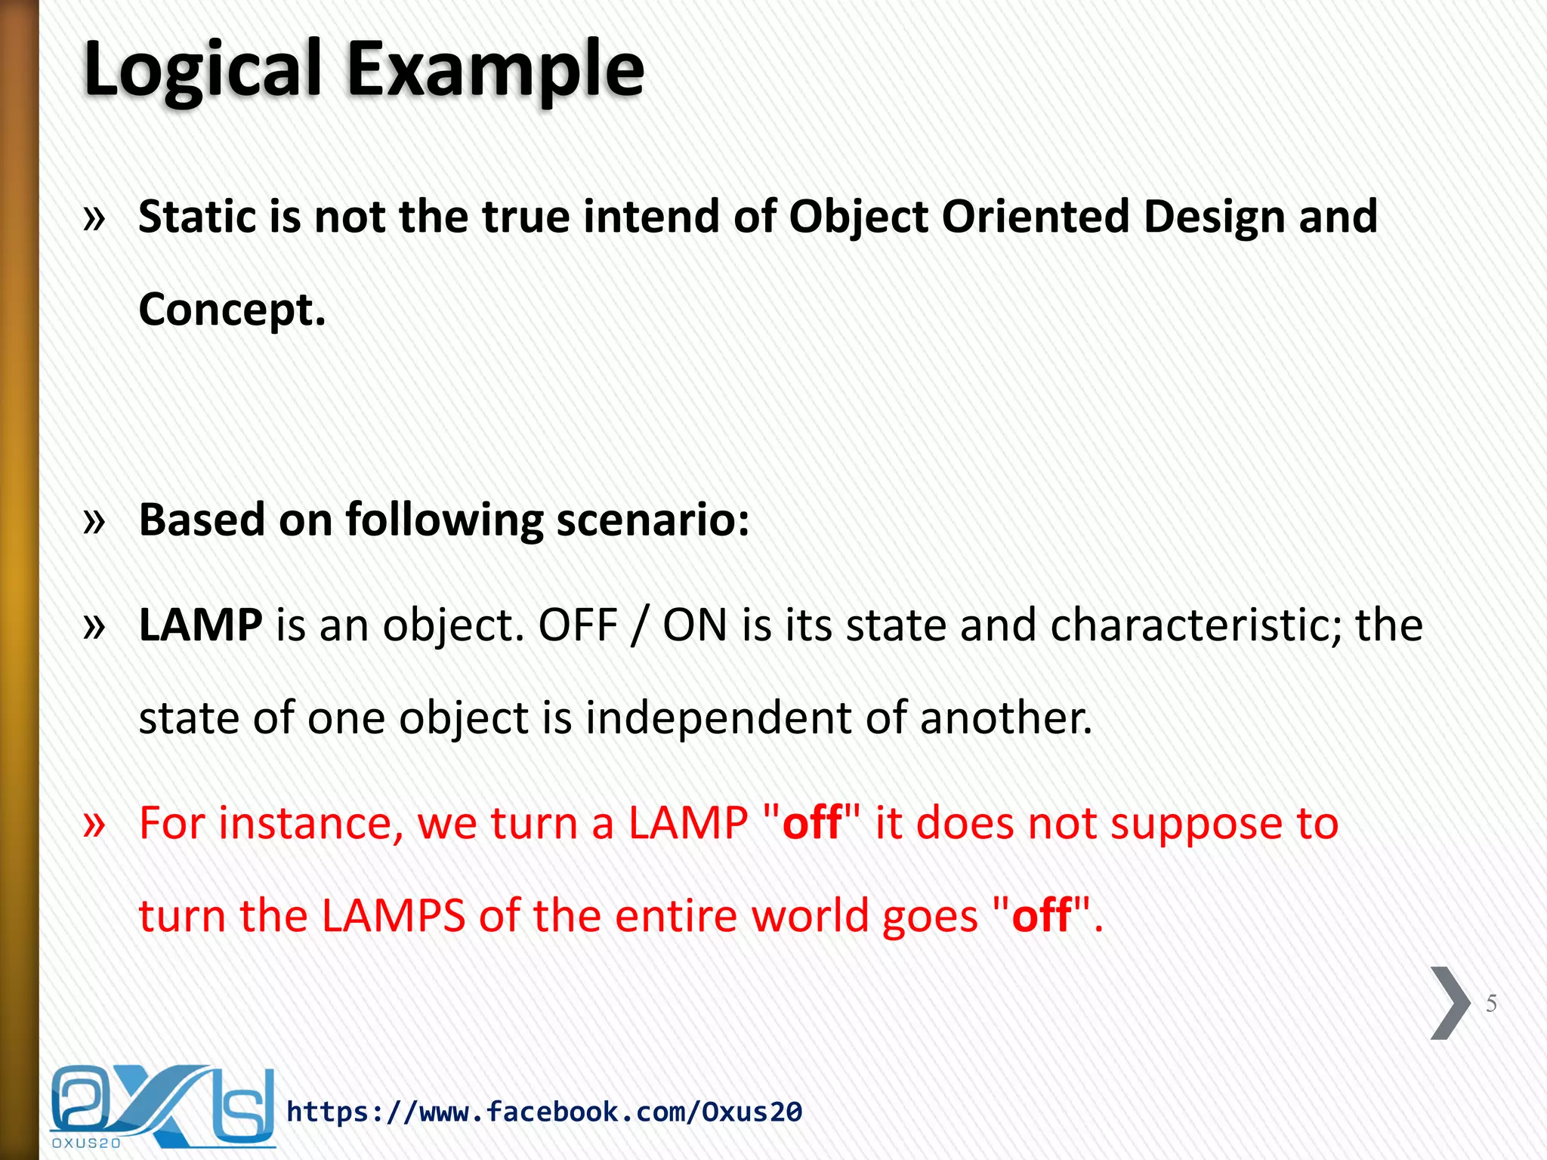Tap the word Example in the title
(x=495, y=69)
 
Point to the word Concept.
(x=232, y=310)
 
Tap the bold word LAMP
(x=200, y=625)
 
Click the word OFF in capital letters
(x=578, y=625)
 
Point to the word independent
(x=718, y=718)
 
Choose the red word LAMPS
(x=393, y=916)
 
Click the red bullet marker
(x=94, y=825)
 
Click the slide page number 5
(x=1491, y=1004)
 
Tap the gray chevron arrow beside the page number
(x=1450, y=1003)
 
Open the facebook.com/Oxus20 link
(x=544, y=1112)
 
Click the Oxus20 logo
(x=162, y=1106)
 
